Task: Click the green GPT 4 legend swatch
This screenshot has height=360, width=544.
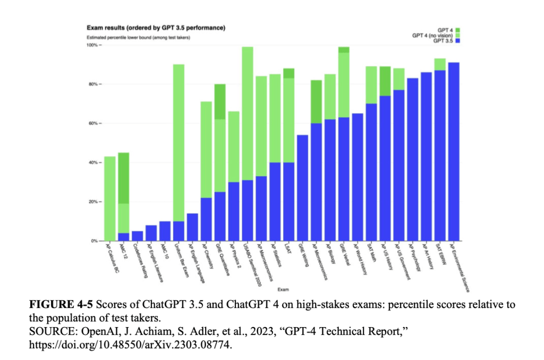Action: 457,30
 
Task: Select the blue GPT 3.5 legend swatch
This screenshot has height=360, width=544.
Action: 457,41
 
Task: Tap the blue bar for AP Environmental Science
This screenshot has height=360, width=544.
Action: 454,151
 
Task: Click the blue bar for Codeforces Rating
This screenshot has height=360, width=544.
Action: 137,236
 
